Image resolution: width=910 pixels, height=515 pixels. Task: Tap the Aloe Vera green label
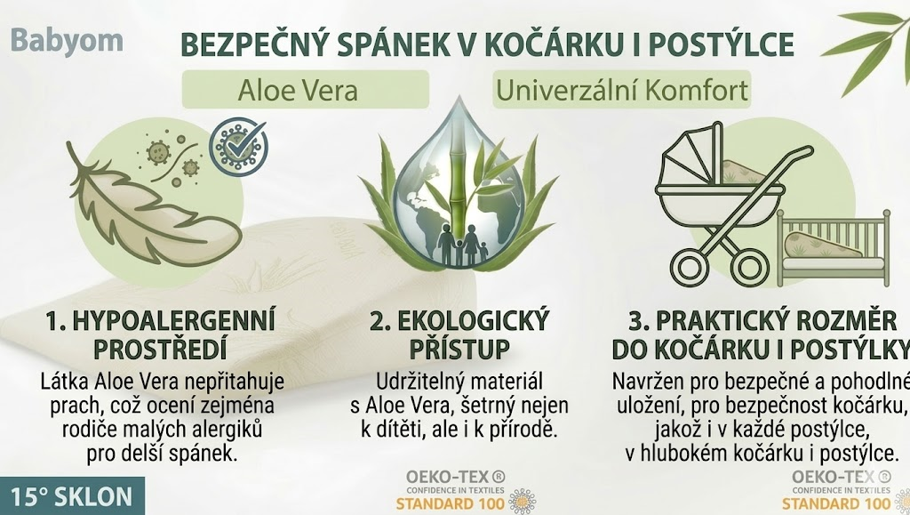[306, 90]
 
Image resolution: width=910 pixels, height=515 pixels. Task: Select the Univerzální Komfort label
[621, 90]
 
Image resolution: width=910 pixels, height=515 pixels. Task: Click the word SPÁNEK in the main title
[386, 44]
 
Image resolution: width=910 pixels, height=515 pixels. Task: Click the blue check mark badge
[238, 145]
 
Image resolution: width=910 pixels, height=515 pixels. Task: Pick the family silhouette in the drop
[462, 245]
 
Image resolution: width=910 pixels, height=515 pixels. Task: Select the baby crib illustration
[833, 248]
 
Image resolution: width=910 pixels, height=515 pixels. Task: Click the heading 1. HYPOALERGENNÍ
[160, 321]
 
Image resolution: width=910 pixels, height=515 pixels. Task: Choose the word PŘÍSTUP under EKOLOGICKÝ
[459, 349]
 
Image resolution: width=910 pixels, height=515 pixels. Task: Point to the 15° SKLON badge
[71, 497]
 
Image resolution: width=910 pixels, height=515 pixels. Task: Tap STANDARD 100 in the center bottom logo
[451, 503]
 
